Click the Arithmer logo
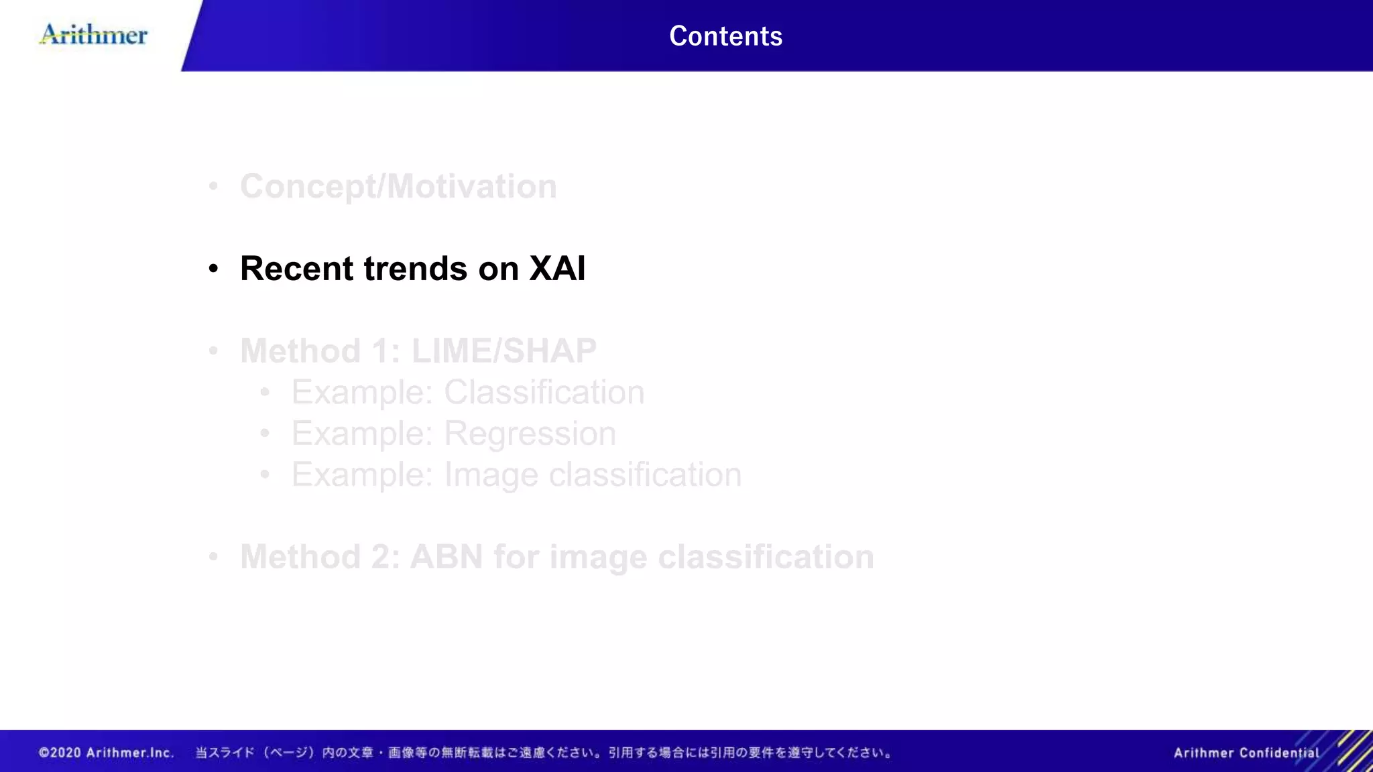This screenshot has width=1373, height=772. pyautogui.click(x=94, y=34)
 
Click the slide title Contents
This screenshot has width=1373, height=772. pyautogui.click(x=725, y=36)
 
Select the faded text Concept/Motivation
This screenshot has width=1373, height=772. pyautogui.click(x=398, y=186)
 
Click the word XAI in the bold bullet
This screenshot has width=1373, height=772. pyautogui.click(x=557, y=269)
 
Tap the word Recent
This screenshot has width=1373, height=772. pyautogui.click(x=296, y=269)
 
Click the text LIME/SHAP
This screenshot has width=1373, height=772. pyautogui.click(x=503, y=351)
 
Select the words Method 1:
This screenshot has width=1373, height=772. pyautogui.click(x=320, y=351)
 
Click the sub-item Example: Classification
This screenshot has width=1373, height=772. pyautogui.click(x=467, y=393)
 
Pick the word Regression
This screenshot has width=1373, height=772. pyautogui.click(x=530, y=434)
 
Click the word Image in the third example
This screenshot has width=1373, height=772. pyautogui.click(x=491, y=475)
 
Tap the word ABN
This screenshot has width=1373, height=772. pyautogui.click(x=446, y=557)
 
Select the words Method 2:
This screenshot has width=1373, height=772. pyautogui.click(x=320, y=557)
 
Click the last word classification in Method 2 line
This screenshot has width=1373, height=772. pyautogui.click(x=766, y=557)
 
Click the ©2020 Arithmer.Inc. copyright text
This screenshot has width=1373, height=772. pyautogui.click(x=106, y=753)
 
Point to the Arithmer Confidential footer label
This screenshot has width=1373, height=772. pyautogui.click(x=1246, y=753)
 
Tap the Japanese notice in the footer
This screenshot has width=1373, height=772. pyautogui.click(x=543, y=753)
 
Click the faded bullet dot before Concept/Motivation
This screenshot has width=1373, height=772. pyautogui.click(x=213, y=186)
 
